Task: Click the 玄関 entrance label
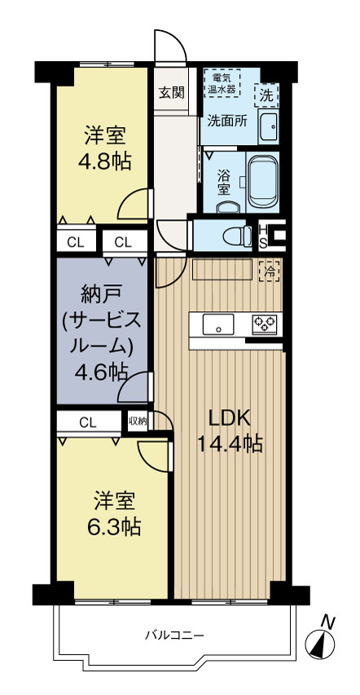click(x=172, y=91)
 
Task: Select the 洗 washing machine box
click(x=267, y=95)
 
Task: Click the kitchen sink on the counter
click(x=217, y=324)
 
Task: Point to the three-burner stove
click(x=265, y=323)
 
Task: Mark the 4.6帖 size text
click(x=101, y=372)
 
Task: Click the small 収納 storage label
click(x=137, y=421)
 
